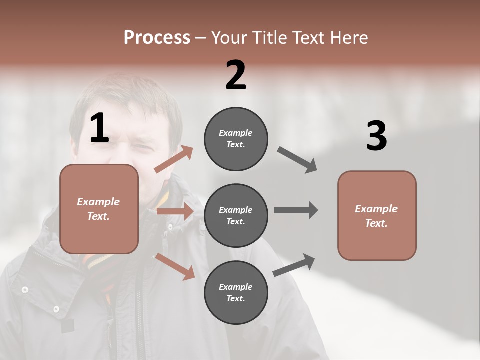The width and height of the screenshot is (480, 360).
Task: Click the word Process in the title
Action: [x=157, y=38]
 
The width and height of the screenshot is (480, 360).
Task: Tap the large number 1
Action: [x=99, y=128]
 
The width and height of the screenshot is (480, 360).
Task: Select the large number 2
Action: [x=236, y=75]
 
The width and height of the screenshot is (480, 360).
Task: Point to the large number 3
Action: [x=376, y=136]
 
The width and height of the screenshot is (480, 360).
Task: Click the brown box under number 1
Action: [x=99, y=209]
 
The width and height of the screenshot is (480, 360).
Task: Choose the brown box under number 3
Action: [x=377, y=215]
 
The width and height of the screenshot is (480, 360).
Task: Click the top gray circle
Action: [x=236, y=139]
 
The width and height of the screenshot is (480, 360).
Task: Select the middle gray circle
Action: [x=236, y=215]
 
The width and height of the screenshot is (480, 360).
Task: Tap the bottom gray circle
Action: [x=236, y=292]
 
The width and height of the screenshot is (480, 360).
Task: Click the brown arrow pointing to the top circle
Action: [x=174, y=159]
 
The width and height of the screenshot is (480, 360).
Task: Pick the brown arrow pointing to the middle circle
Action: [x=175, y=211]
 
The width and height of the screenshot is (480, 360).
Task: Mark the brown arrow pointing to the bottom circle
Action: [x=175, y=266]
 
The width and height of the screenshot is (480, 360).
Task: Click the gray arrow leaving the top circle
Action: [x=297, y=160]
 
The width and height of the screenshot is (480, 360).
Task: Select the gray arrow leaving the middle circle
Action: [x=296, y=210]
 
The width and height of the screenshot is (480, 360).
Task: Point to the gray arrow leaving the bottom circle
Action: [x=294, y=265]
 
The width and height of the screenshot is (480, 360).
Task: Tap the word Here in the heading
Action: [x=349, y=38]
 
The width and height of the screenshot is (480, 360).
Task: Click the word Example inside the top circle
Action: [x=236, y=133]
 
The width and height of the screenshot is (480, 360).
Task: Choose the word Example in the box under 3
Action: [x=376, y=209]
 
